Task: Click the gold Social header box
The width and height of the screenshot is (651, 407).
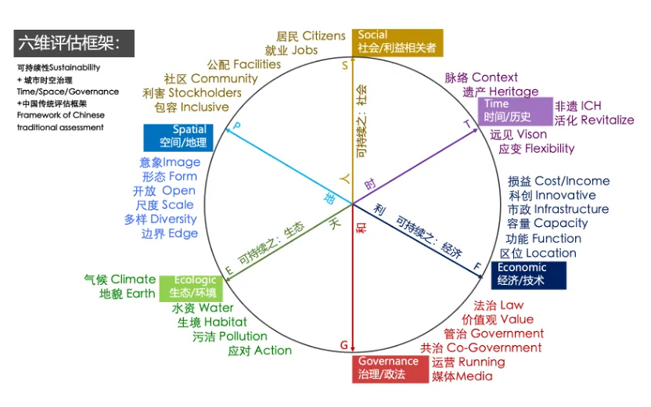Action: tap(397, 42)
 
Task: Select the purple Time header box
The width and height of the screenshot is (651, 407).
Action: tap(515, 111)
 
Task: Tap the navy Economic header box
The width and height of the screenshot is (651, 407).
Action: tap(528, 275)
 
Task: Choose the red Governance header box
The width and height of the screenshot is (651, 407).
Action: tap(390, 369)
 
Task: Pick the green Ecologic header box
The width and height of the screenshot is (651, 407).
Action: tap(191, 288)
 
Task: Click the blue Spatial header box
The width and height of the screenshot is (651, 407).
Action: tap(178, 138)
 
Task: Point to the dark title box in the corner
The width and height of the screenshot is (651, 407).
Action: tap(74, 43)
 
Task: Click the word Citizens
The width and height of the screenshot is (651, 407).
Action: tap(324, 36)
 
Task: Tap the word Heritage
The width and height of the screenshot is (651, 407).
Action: tap(513, 92)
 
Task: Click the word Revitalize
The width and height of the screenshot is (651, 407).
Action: tap(607, 120)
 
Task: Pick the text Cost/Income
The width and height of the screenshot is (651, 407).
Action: tap(572, 181)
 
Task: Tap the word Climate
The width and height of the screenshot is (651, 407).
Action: tap(133, 279)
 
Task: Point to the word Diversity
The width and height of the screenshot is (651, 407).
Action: tap(174, 219)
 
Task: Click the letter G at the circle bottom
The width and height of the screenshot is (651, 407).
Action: tap(344, 345)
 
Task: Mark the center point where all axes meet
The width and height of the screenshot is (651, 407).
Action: tap(352, 204)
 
